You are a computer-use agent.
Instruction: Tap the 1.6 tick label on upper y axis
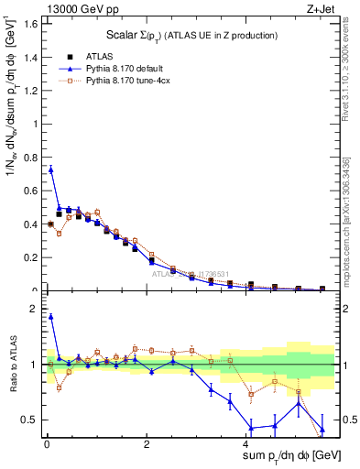(x=29, y=23)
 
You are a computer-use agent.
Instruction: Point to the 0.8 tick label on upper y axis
(x=29, y=158)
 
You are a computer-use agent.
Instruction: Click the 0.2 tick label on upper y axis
(x=29, y=258)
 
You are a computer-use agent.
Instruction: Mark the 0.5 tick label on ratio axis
(x=29, y=420)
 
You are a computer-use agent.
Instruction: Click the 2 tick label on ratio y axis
(x=35, y=310)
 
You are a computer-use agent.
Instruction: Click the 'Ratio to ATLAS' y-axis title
(x=12, y=364)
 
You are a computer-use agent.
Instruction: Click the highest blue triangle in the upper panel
(x=51, y=169)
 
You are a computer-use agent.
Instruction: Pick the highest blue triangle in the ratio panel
(x=51, y=317)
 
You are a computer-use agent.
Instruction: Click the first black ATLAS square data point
(x=51, y=224)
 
